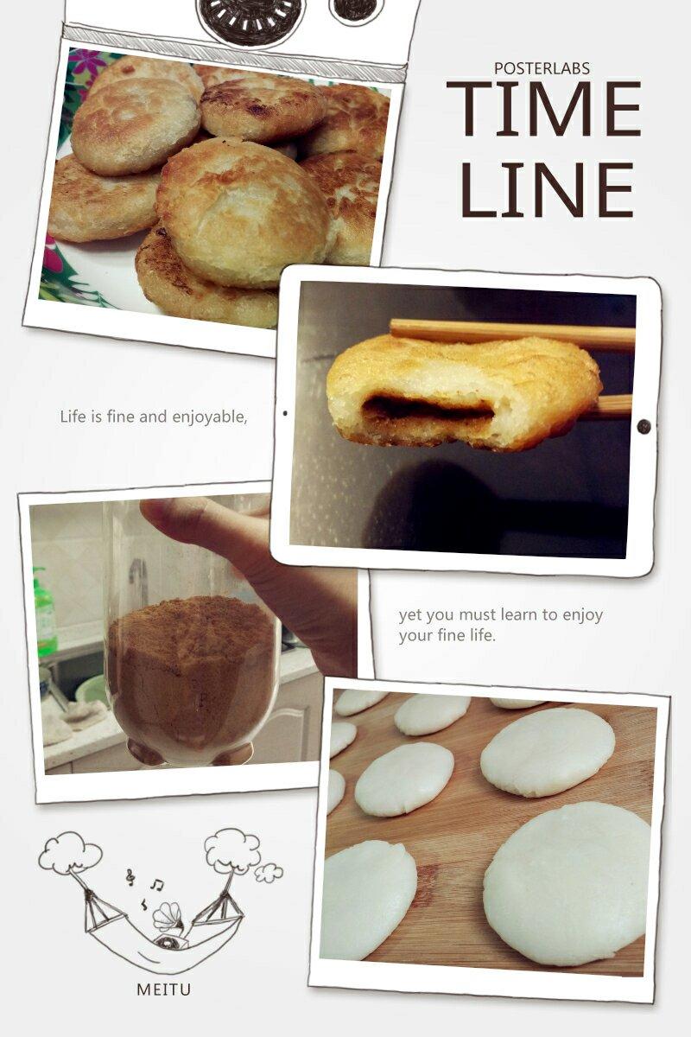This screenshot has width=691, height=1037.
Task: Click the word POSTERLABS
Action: point(542,68)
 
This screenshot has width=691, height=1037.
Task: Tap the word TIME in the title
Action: point(544,108)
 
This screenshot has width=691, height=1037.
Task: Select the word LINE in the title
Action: point(546,190)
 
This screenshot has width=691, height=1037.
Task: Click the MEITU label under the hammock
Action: point(164,989)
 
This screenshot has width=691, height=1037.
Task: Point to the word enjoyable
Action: point(209,417)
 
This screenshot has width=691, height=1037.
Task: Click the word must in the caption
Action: point(479,615)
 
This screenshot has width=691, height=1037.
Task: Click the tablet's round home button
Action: point(643,426)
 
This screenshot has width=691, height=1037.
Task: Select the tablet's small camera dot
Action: point(285,413)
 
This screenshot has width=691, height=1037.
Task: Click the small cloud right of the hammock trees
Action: point(269,873)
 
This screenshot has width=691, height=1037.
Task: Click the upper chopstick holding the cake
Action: point(511,334)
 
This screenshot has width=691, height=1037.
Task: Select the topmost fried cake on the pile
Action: point(263,109)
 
